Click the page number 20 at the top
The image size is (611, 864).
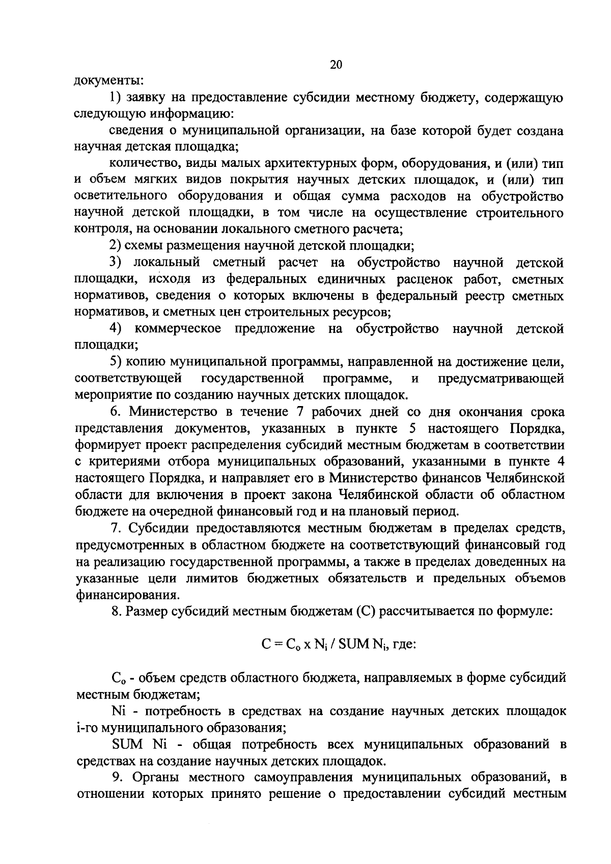[x=336, y=65]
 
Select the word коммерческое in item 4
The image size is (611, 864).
[x=178, y=328]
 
